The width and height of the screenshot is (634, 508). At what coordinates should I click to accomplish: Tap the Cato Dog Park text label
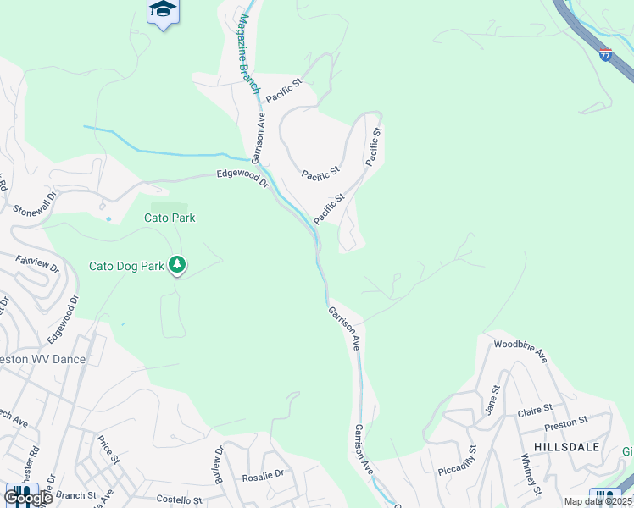(127, 266)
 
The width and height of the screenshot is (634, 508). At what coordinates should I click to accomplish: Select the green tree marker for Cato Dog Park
(177, 265)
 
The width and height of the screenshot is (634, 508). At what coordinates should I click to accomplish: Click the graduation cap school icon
(163, 10)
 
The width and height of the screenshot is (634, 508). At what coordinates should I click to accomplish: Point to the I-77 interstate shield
(604, 55)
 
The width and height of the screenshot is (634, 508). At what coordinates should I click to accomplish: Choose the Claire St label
(535, 412)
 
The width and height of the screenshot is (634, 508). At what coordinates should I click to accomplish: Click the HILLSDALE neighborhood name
(566, 446)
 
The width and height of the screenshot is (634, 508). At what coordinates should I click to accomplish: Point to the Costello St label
(178, 501)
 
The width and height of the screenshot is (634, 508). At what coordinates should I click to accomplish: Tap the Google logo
(27, 498)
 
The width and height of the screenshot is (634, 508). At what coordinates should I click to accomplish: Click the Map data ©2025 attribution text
(598, 501)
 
